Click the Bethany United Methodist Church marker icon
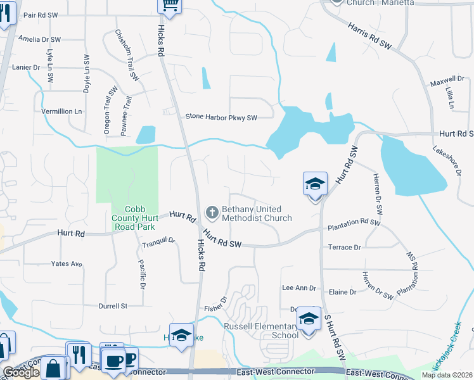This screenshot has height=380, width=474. click(x=212, y=213)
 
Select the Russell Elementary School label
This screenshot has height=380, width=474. click(x=261, y=331)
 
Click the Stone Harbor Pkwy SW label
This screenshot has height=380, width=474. click(x=221, y=117)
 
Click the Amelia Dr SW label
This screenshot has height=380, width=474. click(x=39, y=39)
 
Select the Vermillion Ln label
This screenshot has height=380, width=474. click(x=62, y=111)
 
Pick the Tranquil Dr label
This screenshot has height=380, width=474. click(x=158, y=241)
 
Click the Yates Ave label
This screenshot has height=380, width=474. click(x=67, y=263)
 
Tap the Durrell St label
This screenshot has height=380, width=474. click(x=113, y=306)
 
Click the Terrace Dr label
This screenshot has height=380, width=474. click(x=344, y=247)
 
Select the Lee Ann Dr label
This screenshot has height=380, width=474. click(x=298, y=288)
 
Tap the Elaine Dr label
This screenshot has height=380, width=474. click(x=343, y=292)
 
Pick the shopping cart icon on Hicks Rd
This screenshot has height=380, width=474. click(x=169, y=5)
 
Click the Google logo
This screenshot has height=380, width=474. click(x=21, y=373)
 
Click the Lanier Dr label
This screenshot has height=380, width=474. click(x=26, y=66)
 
